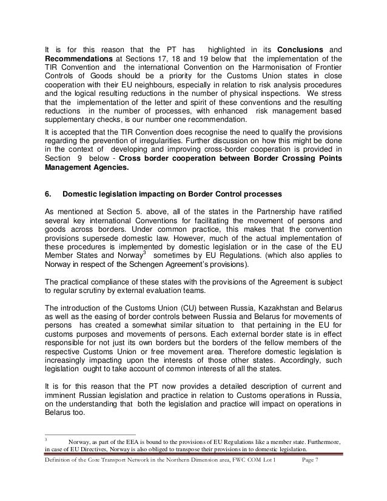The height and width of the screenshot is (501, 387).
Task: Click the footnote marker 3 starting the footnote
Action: pos(47,437)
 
